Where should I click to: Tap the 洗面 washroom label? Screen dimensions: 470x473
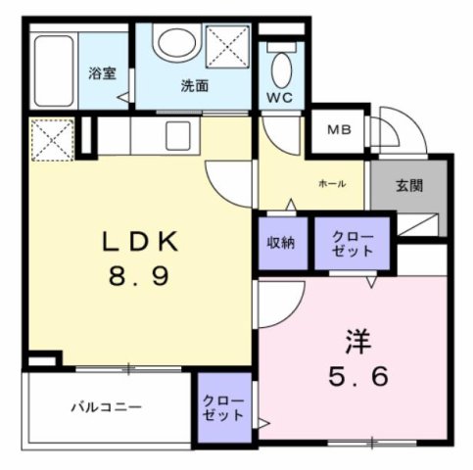pos(195,85)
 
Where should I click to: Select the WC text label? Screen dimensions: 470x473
pos(281,98)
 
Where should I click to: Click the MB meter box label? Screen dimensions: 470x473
pos(338,129)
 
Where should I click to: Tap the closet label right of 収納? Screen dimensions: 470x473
pos(352,244)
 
